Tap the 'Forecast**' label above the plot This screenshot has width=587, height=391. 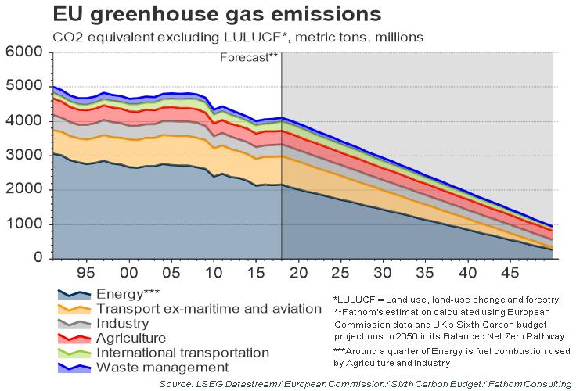click(249, 58)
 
